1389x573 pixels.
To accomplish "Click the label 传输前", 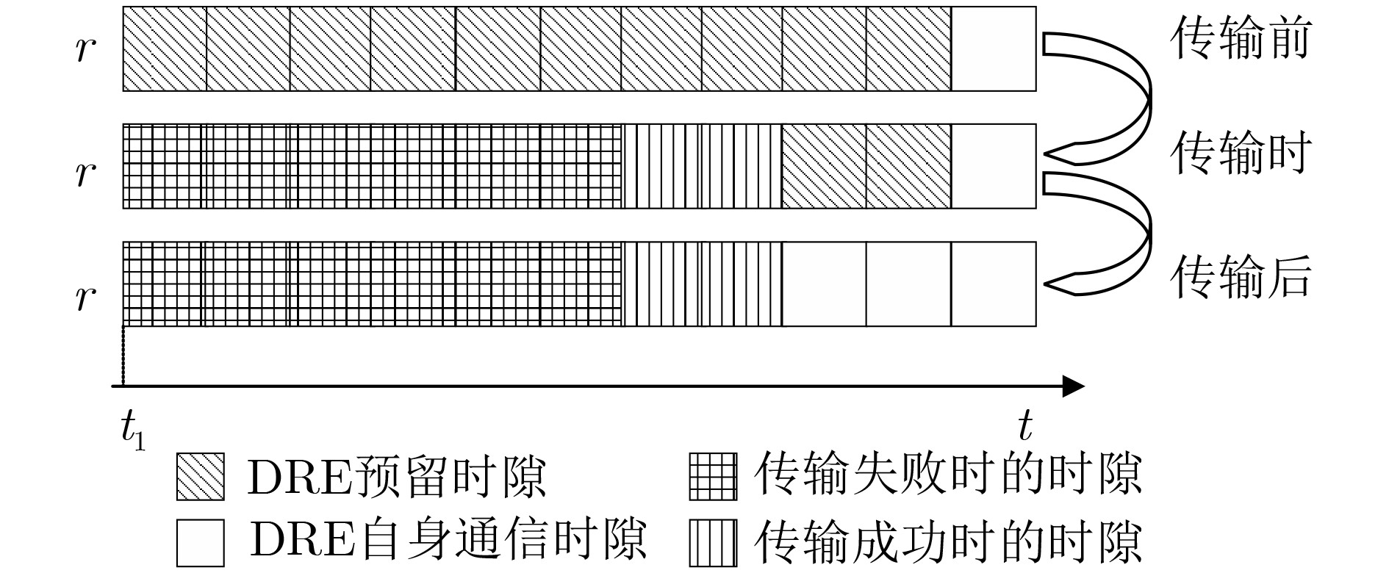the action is [1241, 39].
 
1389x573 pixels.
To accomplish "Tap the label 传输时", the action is [1241, 154].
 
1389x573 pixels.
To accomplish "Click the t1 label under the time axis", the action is [133, 428].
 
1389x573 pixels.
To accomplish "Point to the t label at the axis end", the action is [1025, 425].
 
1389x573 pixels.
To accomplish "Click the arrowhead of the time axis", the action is [1074, 386].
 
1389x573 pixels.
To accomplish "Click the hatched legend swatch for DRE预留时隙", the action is [199, 477].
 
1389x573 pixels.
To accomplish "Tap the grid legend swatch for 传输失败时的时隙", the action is [711, 477].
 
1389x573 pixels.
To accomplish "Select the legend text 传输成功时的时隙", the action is [948, 542].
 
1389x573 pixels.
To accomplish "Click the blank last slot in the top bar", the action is [994, 49].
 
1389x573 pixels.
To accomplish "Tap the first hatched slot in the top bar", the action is [165, 49].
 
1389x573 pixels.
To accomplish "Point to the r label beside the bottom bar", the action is [85, 297].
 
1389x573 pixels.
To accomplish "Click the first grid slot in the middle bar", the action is [165, 166].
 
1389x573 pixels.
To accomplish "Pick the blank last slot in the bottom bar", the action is [994, 284].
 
